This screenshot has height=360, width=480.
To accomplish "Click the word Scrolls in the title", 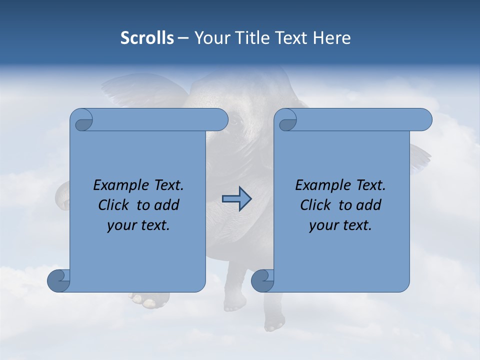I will (147, 38).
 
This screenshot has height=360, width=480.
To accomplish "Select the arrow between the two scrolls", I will (236, 199).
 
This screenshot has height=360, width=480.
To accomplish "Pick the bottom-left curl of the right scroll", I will (263, 281).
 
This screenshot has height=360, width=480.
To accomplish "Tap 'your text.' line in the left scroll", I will (138, 225).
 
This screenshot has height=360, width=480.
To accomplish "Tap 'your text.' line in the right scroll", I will (340, 225).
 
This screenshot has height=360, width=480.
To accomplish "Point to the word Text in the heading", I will (292, 38).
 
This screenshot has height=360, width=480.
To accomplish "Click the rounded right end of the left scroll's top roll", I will (220, 119).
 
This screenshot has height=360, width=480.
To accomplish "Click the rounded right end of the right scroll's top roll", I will (424, 119).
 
